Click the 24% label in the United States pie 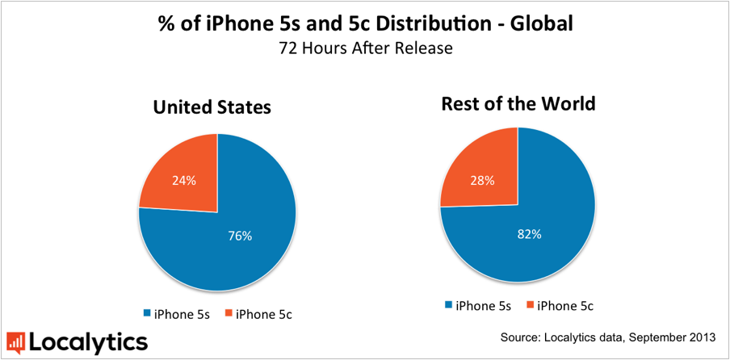pyautogui.click(x=183, y=180)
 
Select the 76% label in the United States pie pyautogui.click(x=240, y=236)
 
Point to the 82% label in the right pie pyautogui.click(x=529, y=234)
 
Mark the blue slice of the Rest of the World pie pyautogui.click(x=541, y=242)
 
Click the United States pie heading pyautogui.click(x=212, y=107)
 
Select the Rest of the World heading pyautogui.click(x=518, y=103)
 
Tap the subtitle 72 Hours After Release pyautogui.click(x=365, y=48)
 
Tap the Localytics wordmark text pyautogui.click(x=89, y=341)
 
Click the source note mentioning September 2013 pyautogui.click(x=610, y=335)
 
